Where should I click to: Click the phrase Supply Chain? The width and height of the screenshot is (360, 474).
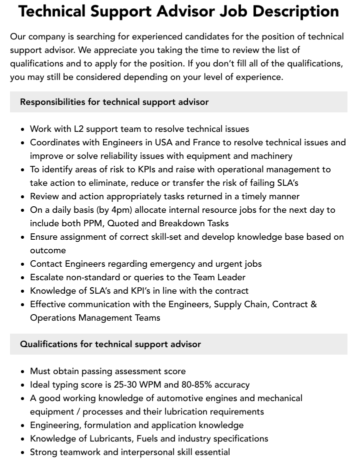(240, 304)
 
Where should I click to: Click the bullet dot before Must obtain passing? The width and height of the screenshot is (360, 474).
(23, 372)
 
